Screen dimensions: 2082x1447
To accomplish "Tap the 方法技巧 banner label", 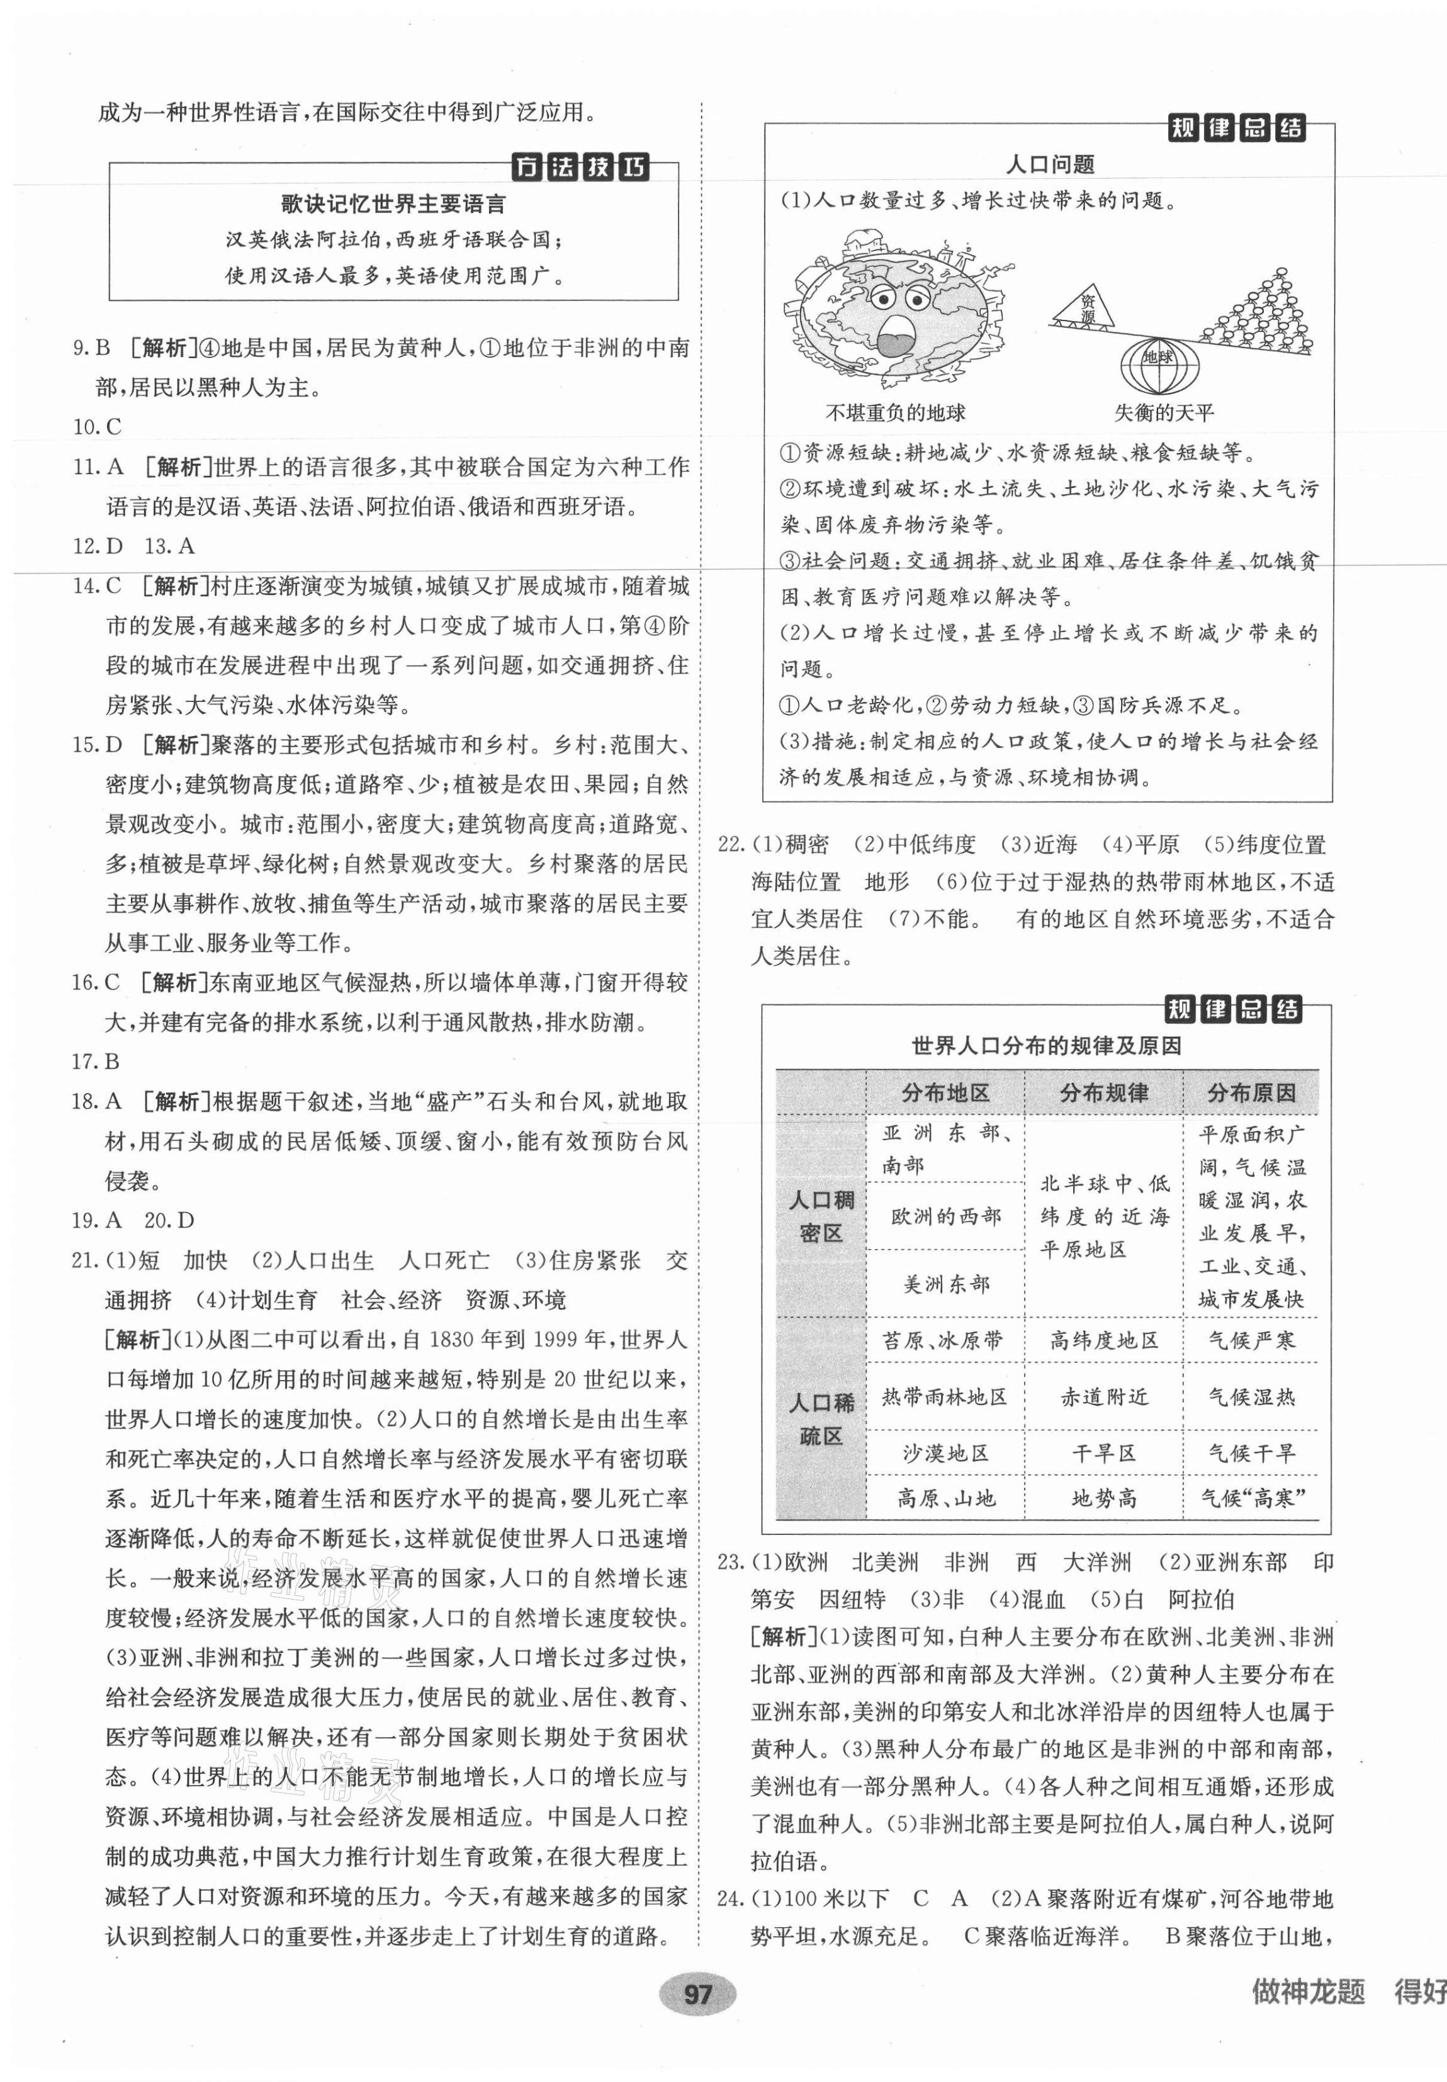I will [580, 167].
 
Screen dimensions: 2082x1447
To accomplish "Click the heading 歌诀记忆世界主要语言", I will [393, 203].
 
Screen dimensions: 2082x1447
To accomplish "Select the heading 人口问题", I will [1050, 164].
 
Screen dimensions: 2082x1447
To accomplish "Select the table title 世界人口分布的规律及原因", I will [1046, 1046].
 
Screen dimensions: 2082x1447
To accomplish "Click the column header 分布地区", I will [945, 1093].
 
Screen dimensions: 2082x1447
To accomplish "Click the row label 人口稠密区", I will [821, 1216].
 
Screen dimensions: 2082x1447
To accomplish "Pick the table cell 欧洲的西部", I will [945, 1216].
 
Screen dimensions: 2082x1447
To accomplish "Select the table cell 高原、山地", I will [945, 1498].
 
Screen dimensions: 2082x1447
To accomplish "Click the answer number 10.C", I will [97, 427].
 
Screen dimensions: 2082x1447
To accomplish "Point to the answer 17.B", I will [96, 1061].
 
